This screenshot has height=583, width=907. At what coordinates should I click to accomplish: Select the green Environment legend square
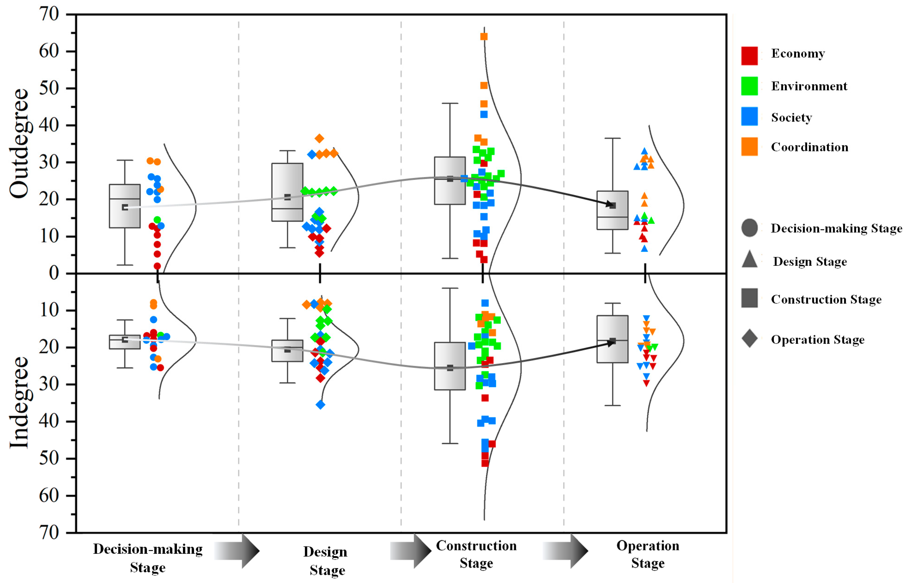click(x=749, y=86)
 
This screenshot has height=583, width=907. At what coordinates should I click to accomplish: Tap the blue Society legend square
click(x=749, y=116)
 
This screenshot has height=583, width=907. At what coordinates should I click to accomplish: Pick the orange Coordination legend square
click(x=749, y=147)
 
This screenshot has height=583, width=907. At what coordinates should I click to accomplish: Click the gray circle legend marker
click(x=749, y=228)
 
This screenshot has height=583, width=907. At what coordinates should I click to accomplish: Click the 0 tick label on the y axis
click(x=54, y=273)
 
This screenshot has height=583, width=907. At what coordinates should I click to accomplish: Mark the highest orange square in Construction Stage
click(x=484, y=36)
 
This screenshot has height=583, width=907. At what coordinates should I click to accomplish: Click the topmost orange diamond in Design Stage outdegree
click(x=319, y=139)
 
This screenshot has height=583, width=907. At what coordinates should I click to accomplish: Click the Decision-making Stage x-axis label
click(x=148, y=558)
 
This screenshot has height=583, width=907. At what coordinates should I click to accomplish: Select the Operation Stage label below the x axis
click(x=647, y=554)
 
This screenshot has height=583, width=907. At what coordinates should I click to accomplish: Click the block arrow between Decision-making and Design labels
click(x=237, y=551)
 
